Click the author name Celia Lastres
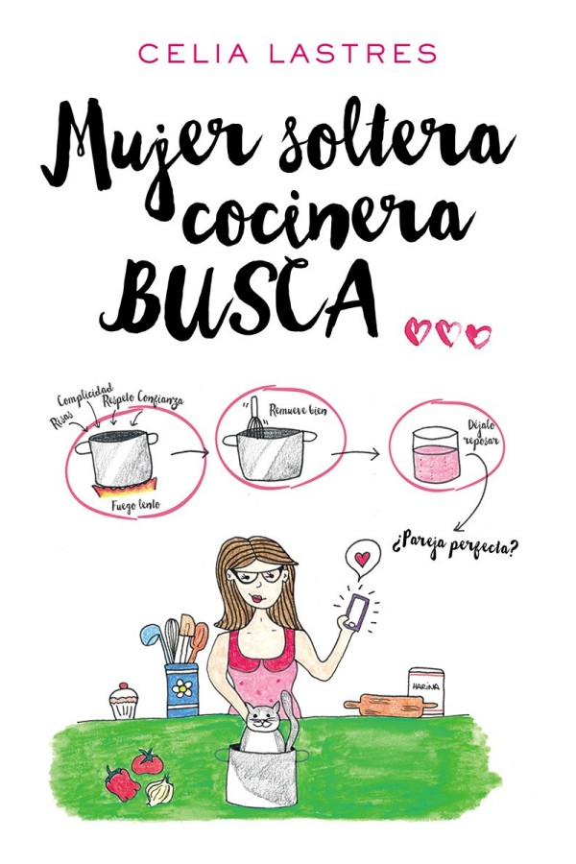287,54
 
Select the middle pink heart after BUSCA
447,332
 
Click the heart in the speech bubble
361,557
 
